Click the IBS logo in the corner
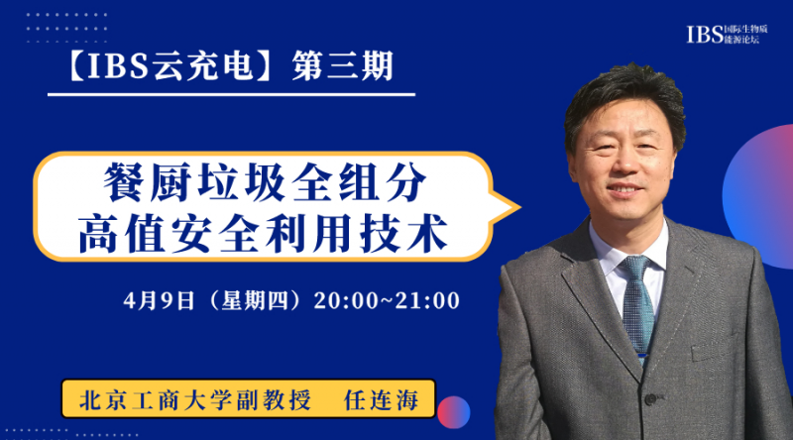click(x=727, y=34)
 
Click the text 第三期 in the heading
click(x=342, y=65)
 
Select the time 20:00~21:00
click(x=387, y=300)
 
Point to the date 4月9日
click(x=160, y=300)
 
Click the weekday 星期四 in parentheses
click(x=255, y=300)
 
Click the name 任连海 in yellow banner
click(x=382, y=400)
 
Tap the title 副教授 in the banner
click(x=274, y=400)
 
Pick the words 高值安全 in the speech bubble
click(x=170, y=233)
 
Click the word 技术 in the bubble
click(x=403, y=233)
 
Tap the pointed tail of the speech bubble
click(x=519, y=207)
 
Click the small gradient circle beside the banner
click(x=454, y=412)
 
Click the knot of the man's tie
click(x=634, y=267)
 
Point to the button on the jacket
click(x=650, y=399)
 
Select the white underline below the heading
click(x=232, y=94)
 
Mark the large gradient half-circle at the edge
click(x=761, y=196)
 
